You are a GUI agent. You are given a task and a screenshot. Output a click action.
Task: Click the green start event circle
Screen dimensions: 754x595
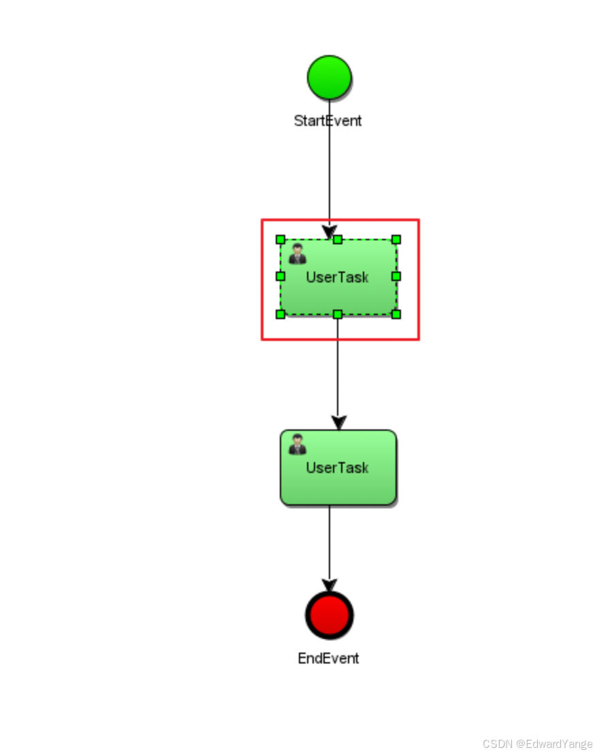click(x=329, y=78)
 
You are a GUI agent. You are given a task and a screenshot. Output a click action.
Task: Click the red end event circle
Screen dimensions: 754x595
click(x=329, y=615)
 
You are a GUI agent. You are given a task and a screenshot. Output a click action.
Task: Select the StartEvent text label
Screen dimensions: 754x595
click(x=327, y=121)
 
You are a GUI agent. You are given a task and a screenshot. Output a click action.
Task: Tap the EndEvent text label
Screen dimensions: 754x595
click(x=328, y=659)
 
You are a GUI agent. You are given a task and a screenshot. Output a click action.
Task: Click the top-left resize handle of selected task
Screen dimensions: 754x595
click(x=280, y=240)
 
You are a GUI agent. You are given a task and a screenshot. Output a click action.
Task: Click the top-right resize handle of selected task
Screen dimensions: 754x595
click(x=396, y=240)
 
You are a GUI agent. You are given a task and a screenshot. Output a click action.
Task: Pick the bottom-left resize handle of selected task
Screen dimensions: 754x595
click(x=280, y=314)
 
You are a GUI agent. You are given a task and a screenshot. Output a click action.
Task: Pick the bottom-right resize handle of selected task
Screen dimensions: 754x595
click(x=396, y=314)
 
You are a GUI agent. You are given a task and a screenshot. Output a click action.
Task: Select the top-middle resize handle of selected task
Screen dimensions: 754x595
click(x=338, y=240)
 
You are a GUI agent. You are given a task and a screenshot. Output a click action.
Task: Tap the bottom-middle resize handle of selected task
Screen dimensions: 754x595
click(x=338, y=314)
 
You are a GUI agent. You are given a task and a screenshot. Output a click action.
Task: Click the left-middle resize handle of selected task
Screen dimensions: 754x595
click(x=280, y=276)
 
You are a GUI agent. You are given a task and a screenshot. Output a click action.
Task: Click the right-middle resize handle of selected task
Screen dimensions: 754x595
click(x=396, y=276)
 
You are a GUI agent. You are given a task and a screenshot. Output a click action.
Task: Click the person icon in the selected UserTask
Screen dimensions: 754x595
click(x=297, y=255)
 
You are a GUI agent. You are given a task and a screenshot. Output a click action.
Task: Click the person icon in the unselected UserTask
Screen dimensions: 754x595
click(x=297, y=444)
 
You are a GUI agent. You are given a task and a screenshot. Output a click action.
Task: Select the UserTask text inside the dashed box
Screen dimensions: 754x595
click(x=337, y=278)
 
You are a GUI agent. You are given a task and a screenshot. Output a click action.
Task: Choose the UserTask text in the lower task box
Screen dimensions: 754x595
click(x=337, y=468)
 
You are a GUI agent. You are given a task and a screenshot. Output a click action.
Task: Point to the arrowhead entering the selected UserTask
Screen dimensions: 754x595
click(x=329, y=232)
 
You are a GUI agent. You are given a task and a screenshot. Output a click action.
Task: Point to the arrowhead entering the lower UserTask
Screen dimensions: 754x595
click(x=338, y=423)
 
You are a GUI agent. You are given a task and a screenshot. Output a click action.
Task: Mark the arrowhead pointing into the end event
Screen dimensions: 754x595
click(x=329, y=585)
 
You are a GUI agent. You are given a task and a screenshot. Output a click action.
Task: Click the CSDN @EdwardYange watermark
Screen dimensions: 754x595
click(x=537, y=744)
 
